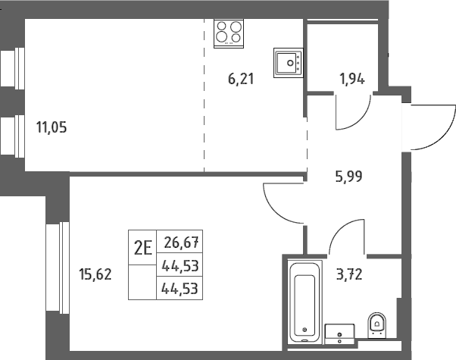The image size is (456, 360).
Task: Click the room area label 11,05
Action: click(52, 127)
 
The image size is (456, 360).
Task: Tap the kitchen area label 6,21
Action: click(241, 79)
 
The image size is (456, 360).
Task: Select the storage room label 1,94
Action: click(352, 79)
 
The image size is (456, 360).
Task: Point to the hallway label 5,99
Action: click(348, 177)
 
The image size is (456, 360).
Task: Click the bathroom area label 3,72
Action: click(349, 274)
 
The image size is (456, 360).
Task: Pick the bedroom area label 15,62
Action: click(95, 274)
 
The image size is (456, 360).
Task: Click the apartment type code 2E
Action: click(143, 249)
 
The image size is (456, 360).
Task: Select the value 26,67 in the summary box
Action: click(181, 243)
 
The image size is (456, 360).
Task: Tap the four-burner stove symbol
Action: click(229, 33)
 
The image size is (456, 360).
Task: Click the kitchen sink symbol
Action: click(288, 63)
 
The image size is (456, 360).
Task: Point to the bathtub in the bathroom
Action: click(305, 302)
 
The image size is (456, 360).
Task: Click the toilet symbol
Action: click(377, 325)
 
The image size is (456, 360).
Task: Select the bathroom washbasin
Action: click(339, 333)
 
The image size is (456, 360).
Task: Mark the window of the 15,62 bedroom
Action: click(58, 268)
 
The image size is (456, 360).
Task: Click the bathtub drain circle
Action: click(305, 330)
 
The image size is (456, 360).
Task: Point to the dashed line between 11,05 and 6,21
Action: click(205, 95)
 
